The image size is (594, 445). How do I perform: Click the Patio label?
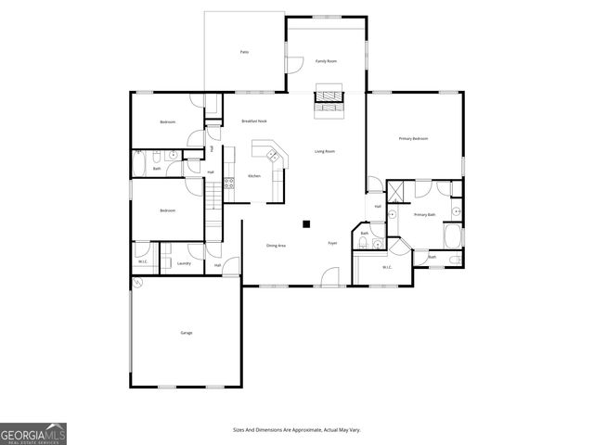pos(244,52)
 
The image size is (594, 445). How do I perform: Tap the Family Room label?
pos(326,60)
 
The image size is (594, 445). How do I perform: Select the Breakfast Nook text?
pos(254,121)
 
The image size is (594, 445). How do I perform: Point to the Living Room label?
pos(324,151)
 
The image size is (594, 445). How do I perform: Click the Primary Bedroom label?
pos(413,138)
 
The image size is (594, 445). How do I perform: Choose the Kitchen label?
pos(253,176)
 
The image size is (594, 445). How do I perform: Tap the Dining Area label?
pos(276,246)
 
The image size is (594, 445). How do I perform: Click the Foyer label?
pos(332,244)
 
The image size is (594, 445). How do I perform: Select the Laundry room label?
pos(184,263)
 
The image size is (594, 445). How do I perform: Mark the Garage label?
pos(187,332)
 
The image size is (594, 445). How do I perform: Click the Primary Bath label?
pos(424,215)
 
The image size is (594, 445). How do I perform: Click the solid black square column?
pos(305,222)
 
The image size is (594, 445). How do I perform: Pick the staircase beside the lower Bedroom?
pos(213,196)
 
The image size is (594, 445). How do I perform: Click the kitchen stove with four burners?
pos(228,184)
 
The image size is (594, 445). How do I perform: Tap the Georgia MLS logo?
pos(33,434)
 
